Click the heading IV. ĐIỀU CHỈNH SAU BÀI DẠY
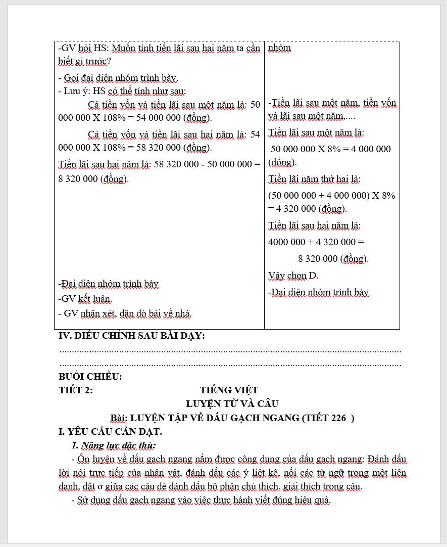(132, 336)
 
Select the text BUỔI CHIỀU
(90, 377)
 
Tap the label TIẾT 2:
(76, 390)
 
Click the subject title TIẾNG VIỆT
(229, 390)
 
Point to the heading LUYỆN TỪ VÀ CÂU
(232, 404)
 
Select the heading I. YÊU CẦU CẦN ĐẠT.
(110, 432)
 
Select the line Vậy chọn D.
(293, 276)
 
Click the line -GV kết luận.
(85, 299)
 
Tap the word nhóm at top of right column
(279, 48)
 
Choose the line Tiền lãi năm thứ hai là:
(314, 179)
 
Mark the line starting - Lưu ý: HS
(122, 92)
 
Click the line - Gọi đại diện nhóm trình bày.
(118, 78)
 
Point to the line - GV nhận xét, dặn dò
(125, 313)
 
